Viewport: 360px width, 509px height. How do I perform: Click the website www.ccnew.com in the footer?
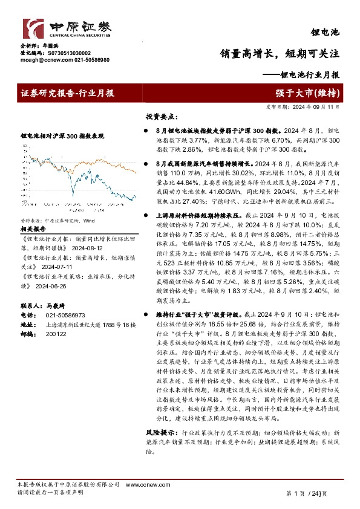click(x=142, y=485)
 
